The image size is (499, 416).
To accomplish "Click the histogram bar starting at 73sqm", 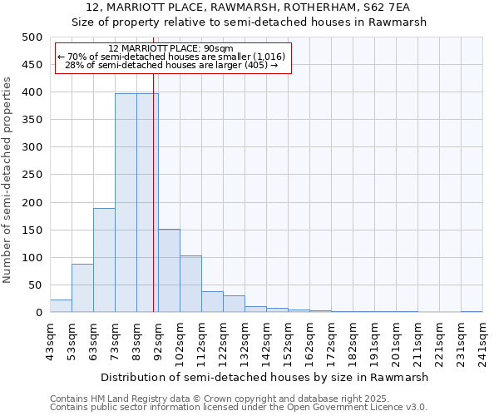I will [126, 203].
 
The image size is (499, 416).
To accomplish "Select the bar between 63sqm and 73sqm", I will [104, 260].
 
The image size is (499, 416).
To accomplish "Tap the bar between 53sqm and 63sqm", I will [82, 288].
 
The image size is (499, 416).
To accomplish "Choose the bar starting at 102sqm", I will [190, 284].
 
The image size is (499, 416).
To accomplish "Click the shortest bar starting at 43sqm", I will [61, 306].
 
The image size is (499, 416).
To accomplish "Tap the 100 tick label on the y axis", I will [32, 258].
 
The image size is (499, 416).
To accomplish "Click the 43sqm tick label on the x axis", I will [51, 339].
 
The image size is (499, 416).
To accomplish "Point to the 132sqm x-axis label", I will [245, 339].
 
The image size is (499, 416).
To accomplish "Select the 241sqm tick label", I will [483, 339].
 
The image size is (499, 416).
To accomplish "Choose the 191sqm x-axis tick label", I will [375, 339].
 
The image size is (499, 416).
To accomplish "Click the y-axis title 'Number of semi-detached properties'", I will [8, 180].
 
